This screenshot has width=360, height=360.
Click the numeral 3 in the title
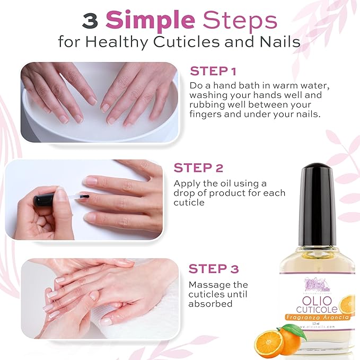[91, 21]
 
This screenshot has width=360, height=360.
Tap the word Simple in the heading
[151, 21]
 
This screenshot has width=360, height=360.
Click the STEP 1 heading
[213, 72]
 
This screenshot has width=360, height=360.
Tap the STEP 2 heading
[198, 168]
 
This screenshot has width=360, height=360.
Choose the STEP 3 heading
[213, 269]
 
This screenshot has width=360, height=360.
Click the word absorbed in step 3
[211, 304]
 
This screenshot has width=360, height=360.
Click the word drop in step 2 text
[184, 193]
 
